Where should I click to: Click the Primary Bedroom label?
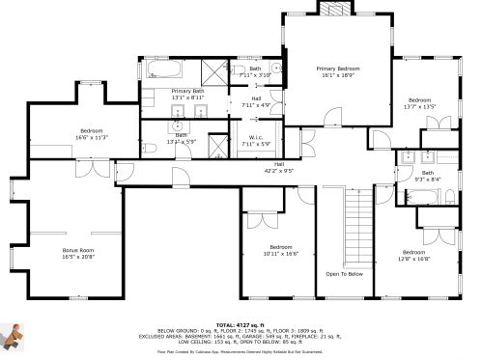(x=340, y=72)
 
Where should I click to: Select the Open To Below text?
(x=344, y=273)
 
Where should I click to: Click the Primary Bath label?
(x=187, y=94)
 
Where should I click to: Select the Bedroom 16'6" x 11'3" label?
(x=91, y=133)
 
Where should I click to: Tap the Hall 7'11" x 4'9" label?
(x=256, y=101)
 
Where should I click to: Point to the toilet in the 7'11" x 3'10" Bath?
(x=275, y=69)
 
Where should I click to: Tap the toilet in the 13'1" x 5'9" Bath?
(x=153, y=148)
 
